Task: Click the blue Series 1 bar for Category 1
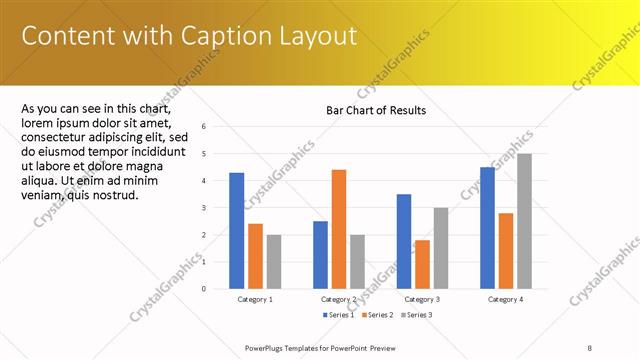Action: (x=236, y=230)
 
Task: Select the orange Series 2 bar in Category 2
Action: (x=339, y=229)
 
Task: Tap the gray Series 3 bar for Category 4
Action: (x=524, y=221)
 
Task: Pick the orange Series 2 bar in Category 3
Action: (x=422, y=264)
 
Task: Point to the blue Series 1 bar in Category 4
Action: (x=487, y=227)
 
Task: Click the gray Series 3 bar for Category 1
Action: (x=274, y=261)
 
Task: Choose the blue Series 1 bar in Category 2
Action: (x=320, y=254)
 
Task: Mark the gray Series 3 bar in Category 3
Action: (x=440, y=248)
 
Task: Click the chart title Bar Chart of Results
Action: (x=376, y=110)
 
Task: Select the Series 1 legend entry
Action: (x=339, y=315)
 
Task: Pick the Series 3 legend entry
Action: (x=414, y=315)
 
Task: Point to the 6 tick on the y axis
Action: (x=203, y=127)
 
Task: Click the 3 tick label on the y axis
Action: (x=203, y=208)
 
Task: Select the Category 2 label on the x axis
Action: (x=339, y=299)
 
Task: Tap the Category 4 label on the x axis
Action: (x=506, y=299)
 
